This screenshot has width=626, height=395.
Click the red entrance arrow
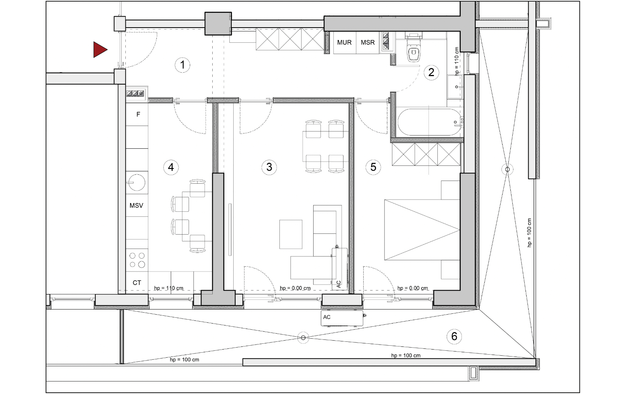(x=100, y=50)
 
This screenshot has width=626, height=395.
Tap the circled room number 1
(x=182, y=65)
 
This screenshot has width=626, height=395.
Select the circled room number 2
(x=431, y=73)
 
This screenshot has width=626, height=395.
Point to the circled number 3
(x=269, y=167)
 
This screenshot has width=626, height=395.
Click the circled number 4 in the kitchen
(x=171, y=167)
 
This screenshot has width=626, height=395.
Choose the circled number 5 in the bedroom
(x=373, y=167)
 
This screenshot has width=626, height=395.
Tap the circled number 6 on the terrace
(x=454, y=336)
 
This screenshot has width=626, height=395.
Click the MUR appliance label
(x=344, y=42)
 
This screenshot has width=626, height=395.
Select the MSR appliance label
(x=368, y=42)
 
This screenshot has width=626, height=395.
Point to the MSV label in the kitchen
(x=136, y=205)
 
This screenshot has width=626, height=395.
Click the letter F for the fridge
(x=138, y=115)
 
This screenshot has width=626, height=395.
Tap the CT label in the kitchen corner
(x=137, y=283)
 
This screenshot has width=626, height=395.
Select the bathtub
(x=430, y=122)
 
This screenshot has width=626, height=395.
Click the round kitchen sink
(x=137, y=183)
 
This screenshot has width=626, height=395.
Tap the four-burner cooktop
(x=137, y=260)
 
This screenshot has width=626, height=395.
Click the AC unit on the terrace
(x=342, y=318)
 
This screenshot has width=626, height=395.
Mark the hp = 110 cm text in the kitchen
(x=169, y=288)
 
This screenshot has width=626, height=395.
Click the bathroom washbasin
(x=455, y=87)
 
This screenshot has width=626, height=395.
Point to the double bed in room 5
(x=422, y=230)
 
